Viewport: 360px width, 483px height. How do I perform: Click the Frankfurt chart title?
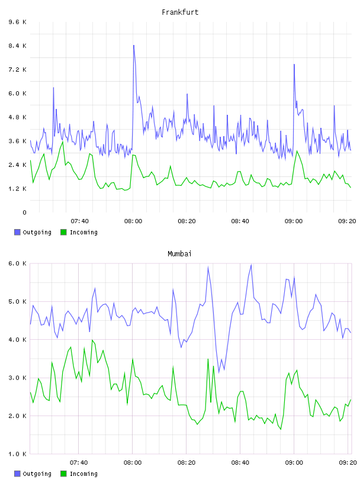pos(180,12)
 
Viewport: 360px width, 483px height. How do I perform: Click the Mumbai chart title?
pos(179,254)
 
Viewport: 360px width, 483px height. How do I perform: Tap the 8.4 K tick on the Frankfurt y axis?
pos(17,46)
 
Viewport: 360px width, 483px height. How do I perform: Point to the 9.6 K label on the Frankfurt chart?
pos(17,22)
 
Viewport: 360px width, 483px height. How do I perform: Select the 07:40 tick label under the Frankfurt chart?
pos(79,221)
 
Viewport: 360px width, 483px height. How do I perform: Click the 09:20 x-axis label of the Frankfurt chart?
pos(347,221)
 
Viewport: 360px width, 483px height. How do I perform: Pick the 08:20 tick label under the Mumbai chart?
pos(186,463)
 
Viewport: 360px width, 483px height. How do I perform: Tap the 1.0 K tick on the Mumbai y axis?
pos(17,454)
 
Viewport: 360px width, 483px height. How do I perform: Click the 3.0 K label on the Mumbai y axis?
pos(17,378)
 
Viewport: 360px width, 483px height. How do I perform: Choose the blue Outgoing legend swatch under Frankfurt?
pos(17,232)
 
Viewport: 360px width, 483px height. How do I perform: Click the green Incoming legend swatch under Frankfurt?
pos(63,232)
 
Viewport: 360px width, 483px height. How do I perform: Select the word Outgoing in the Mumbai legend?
pos(37,474)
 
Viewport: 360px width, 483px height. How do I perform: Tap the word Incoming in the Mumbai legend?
pos(83,474)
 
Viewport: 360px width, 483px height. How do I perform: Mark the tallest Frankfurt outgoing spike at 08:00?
pos(133,45)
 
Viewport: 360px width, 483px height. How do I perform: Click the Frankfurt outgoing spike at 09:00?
pos(294,65)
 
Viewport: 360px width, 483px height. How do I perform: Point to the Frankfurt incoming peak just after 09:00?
pos(297,151)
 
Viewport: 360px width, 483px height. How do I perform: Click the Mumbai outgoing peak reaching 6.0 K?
pos(251,265)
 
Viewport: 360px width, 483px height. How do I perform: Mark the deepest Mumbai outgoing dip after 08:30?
pos(219,372)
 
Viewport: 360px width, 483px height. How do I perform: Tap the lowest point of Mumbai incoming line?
pos(281,429)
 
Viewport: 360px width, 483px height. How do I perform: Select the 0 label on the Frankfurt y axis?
pos(24,212)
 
